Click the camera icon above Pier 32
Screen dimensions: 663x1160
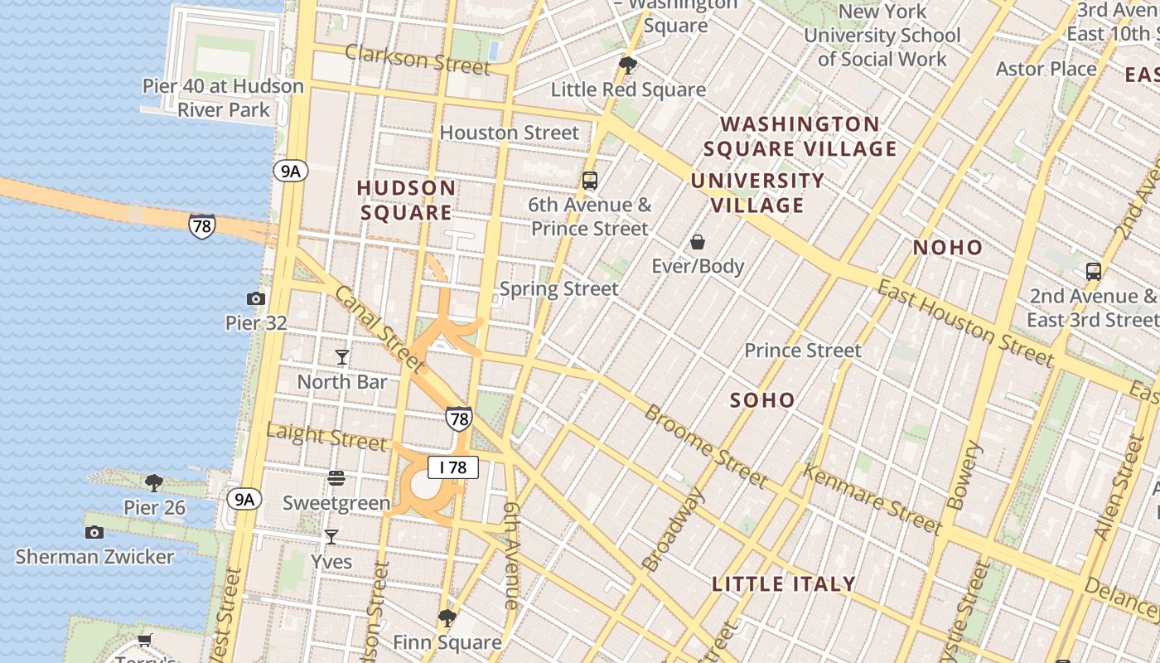pyautogui.click(x=256, y=298)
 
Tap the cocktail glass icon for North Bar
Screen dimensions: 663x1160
pyautogui.click(x=341, y=357)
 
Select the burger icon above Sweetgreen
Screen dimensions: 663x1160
pyautogui.click(x=336, y=478)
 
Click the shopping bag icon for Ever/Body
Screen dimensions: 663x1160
pyautogui.click(x=698, y=242)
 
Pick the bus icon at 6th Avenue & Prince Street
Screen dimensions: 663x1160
pyautogui.click(x=589, y=180)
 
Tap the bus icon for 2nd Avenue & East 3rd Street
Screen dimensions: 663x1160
pyautogui.click(x=1093, y=271)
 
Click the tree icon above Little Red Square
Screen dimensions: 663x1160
pyautogui.click(x=628, y=65)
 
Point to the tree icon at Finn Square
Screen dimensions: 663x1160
pyautogui.click(x=447, y=617)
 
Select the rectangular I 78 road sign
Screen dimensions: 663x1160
pyautogui.click(x=453, y=467)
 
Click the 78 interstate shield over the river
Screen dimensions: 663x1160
pyautogui.click(x=201, y=226)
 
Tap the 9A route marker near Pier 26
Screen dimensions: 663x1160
pyautogui.click(x=244, y=499)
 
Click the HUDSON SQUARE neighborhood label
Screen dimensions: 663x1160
pyautogui.click(x=406, y=200)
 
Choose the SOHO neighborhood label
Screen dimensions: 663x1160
pyautogui.click(x=762, y=400)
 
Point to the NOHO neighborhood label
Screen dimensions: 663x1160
pyautogui.click(x=947, y=247)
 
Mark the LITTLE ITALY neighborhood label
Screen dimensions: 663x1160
pyautogui.click(x=784, y=583)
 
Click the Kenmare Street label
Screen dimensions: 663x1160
pyautogui.click(x=872, y=500)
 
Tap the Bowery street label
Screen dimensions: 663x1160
pyautogui.click(x=964, y=476)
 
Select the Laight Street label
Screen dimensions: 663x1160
pyautogui.click(x=326, y=436)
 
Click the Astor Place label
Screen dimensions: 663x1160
pyautogui.click(x=1046, y=69)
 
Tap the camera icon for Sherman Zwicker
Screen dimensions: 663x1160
pyautogui.click(x=94, y=532)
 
